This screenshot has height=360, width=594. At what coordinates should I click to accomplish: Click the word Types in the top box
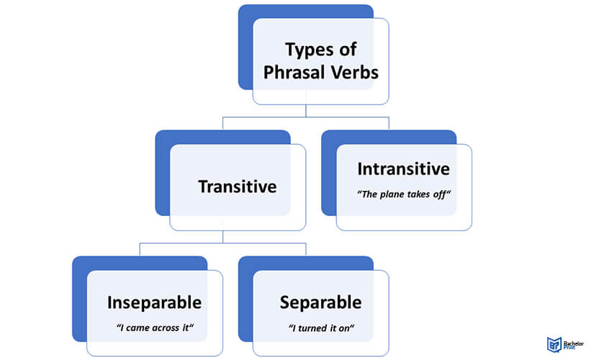coord(309,50)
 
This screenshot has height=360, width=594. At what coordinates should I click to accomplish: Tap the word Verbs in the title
coord(354,73)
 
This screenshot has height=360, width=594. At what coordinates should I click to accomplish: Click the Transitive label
coord(238,186)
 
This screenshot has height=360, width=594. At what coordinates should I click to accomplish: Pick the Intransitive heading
coord(403,169)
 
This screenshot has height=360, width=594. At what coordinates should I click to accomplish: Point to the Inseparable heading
coord(154,302)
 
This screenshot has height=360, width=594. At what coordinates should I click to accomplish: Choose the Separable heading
coord(320,302)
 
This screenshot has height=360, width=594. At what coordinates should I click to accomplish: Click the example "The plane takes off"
coord(404,194)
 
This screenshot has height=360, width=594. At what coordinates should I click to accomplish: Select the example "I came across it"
coord(155,328)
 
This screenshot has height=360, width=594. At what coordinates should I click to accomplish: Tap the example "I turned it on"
coord(321,328)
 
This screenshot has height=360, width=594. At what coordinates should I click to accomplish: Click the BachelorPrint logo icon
coord(554,344)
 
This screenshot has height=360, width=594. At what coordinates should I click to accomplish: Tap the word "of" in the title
coord(347,50)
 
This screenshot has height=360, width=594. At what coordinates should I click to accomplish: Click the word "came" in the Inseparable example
coord(137,328)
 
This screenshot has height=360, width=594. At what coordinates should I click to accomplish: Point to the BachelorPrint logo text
coord(574,345)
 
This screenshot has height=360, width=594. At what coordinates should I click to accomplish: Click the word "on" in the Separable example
coord(344,328)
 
